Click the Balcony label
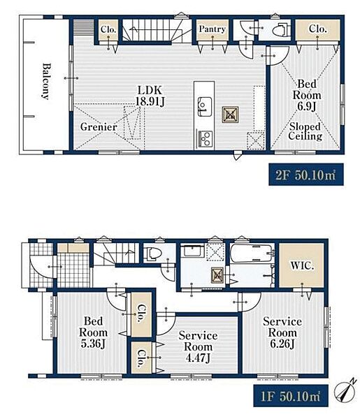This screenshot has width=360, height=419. pos(46,81)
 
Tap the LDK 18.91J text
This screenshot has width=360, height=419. pos(150,96)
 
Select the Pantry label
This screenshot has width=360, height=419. pos(213,29)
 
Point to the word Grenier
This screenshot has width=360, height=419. pos(99,126)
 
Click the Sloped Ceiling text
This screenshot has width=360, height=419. pos(305,131)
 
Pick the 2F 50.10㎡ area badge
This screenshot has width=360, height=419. pos(306,175)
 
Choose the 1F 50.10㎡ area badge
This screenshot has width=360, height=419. pos(291,395)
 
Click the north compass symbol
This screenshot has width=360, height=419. pos(345,390)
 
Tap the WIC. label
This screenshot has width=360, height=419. pos(302,265)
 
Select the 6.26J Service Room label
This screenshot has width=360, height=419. pos(282,332)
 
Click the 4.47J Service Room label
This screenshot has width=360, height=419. pos(199,346)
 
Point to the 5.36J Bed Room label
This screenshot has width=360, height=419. pos(93,332)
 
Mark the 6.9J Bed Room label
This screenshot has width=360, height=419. pos(307,95)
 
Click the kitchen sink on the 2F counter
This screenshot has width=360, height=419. pos(205,106)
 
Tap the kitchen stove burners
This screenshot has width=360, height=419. pos(206,138)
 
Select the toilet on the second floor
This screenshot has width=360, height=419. pos(280,29)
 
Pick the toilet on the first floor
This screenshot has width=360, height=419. pos(152,253)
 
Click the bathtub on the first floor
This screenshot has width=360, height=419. pos(252,253)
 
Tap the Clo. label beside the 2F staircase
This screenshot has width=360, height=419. pos(108,29)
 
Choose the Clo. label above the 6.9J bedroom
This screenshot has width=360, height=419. pos(318,29)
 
